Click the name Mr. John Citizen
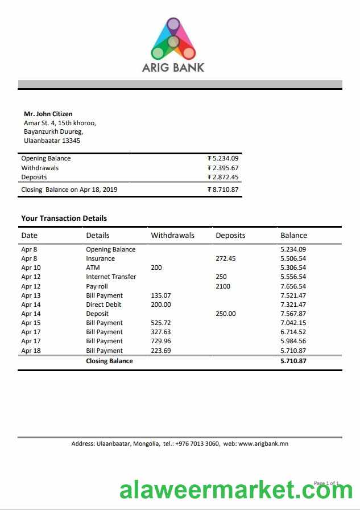click(x=48, y=114)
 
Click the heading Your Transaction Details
click(x=64, y=218)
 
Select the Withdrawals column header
click(x=172, y=235)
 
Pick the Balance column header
click(x=293, y=235)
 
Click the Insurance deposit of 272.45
click(x=225, y=258)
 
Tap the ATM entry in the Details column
click(x=93, y=268)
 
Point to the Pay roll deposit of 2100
click(x=223, y=286)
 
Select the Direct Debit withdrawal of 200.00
click(x=160, y=305)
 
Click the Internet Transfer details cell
click(x=111, y=277)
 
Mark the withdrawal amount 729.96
click(x=160, y=341)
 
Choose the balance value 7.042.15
click(x=293, y=323)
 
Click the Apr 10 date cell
click(x=31, y=268)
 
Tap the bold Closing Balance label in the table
click(x=109, y=361)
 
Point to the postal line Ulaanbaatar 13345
click(x=52, y=141)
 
